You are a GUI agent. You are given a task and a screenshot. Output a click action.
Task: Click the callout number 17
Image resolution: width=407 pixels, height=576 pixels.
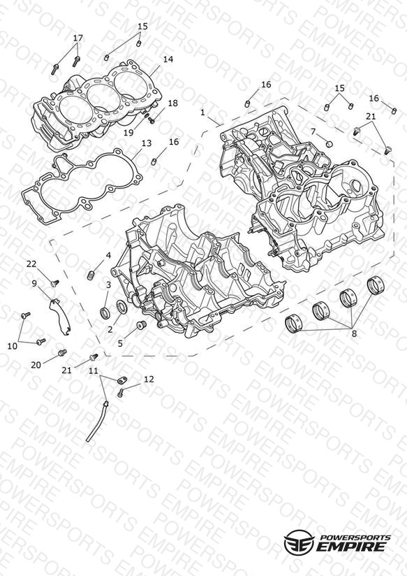(77, 38)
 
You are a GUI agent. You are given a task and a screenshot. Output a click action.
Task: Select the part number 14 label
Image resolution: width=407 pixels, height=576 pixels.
(168, 59)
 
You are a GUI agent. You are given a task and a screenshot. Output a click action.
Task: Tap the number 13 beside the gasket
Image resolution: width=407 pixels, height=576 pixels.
(147, 143)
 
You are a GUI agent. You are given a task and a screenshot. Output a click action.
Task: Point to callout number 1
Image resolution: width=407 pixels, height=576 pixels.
(203, 113)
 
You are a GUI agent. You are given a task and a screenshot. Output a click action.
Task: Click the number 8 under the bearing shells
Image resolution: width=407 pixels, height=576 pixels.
(354, 334)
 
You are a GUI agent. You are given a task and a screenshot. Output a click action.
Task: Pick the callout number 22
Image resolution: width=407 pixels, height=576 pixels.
(31, 264)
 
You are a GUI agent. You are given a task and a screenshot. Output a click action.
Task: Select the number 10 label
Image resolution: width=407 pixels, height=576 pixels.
(13, 346)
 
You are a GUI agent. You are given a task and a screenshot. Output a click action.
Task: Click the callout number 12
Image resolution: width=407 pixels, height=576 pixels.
(149, 379)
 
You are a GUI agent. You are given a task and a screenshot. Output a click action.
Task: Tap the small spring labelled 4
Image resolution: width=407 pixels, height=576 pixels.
(91, 275)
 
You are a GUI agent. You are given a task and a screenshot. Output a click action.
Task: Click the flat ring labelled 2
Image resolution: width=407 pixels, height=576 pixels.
(122, 307)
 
